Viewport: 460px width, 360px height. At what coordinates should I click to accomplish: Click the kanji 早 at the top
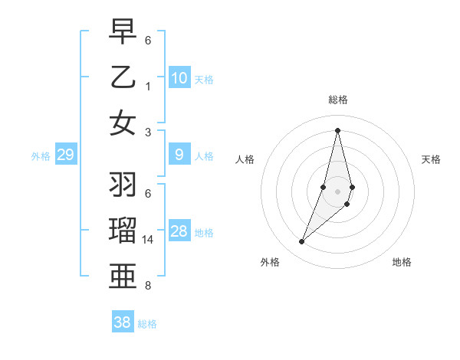click(x=123, y=32)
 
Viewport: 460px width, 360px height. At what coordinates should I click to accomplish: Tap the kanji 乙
click(x=123, y=77)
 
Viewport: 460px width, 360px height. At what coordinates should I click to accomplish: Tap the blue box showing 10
click(x=179, y=78)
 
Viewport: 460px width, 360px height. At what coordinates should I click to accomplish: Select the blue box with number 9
click(x=179, y=155)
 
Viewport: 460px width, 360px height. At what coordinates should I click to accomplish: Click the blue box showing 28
click(x=179, y=232)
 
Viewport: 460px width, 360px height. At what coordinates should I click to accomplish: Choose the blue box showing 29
click(x=65, y=155)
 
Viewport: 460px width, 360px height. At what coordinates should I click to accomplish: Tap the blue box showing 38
click(x=123, y=322)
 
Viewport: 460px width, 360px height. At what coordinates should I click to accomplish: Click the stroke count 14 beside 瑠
click(x=149, y=240)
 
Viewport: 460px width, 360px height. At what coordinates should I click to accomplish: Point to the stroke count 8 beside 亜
click(x=148, y=286)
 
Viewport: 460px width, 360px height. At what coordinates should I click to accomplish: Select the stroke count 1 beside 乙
click(x=148, y=87)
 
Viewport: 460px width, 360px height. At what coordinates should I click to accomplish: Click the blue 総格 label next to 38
click(x=147, y=324)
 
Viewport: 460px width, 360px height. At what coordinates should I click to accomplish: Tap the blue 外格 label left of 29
click(x=41, y=156)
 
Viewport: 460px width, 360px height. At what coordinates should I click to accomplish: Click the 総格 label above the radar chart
click(x=337, y=100)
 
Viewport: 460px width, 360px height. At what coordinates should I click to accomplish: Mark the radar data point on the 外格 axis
click(x=302, y=242)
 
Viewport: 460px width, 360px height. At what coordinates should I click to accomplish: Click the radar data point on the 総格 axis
click(x=337, y=129)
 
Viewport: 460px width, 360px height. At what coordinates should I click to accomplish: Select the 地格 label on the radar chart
click(x=402, y=263)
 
